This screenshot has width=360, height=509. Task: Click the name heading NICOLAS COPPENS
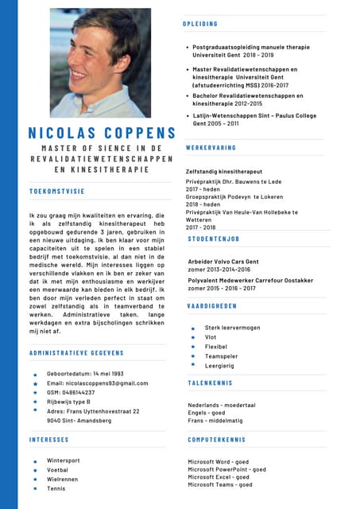(101, 132)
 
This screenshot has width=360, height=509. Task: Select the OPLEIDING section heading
(200, 25)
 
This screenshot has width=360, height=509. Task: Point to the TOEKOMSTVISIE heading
(56, 192)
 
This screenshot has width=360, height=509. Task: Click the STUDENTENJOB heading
(214, 239)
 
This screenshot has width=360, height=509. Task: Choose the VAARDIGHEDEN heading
(212, 306)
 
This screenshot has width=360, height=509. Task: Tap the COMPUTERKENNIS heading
(216, 439)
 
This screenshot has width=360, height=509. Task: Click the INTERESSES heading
(48, 439)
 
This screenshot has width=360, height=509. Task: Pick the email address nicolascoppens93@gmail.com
(97, 383)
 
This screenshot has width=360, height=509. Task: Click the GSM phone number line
(71, 392)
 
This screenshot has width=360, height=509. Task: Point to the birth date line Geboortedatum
(85, 374)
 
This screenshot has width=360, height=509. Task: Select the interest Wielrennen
(64, 480)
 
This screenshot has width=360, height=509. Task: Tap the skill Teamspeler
(223, 356)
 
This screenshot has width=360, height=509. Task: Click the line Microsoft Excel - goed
(219, 477)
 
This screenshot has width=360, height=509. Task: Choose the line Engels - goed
(206, 414)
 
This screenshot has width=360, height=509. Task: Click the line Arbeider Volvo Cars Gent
(223, 261)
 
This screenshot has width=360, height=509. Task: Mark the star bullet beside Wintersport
(35, 461)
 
